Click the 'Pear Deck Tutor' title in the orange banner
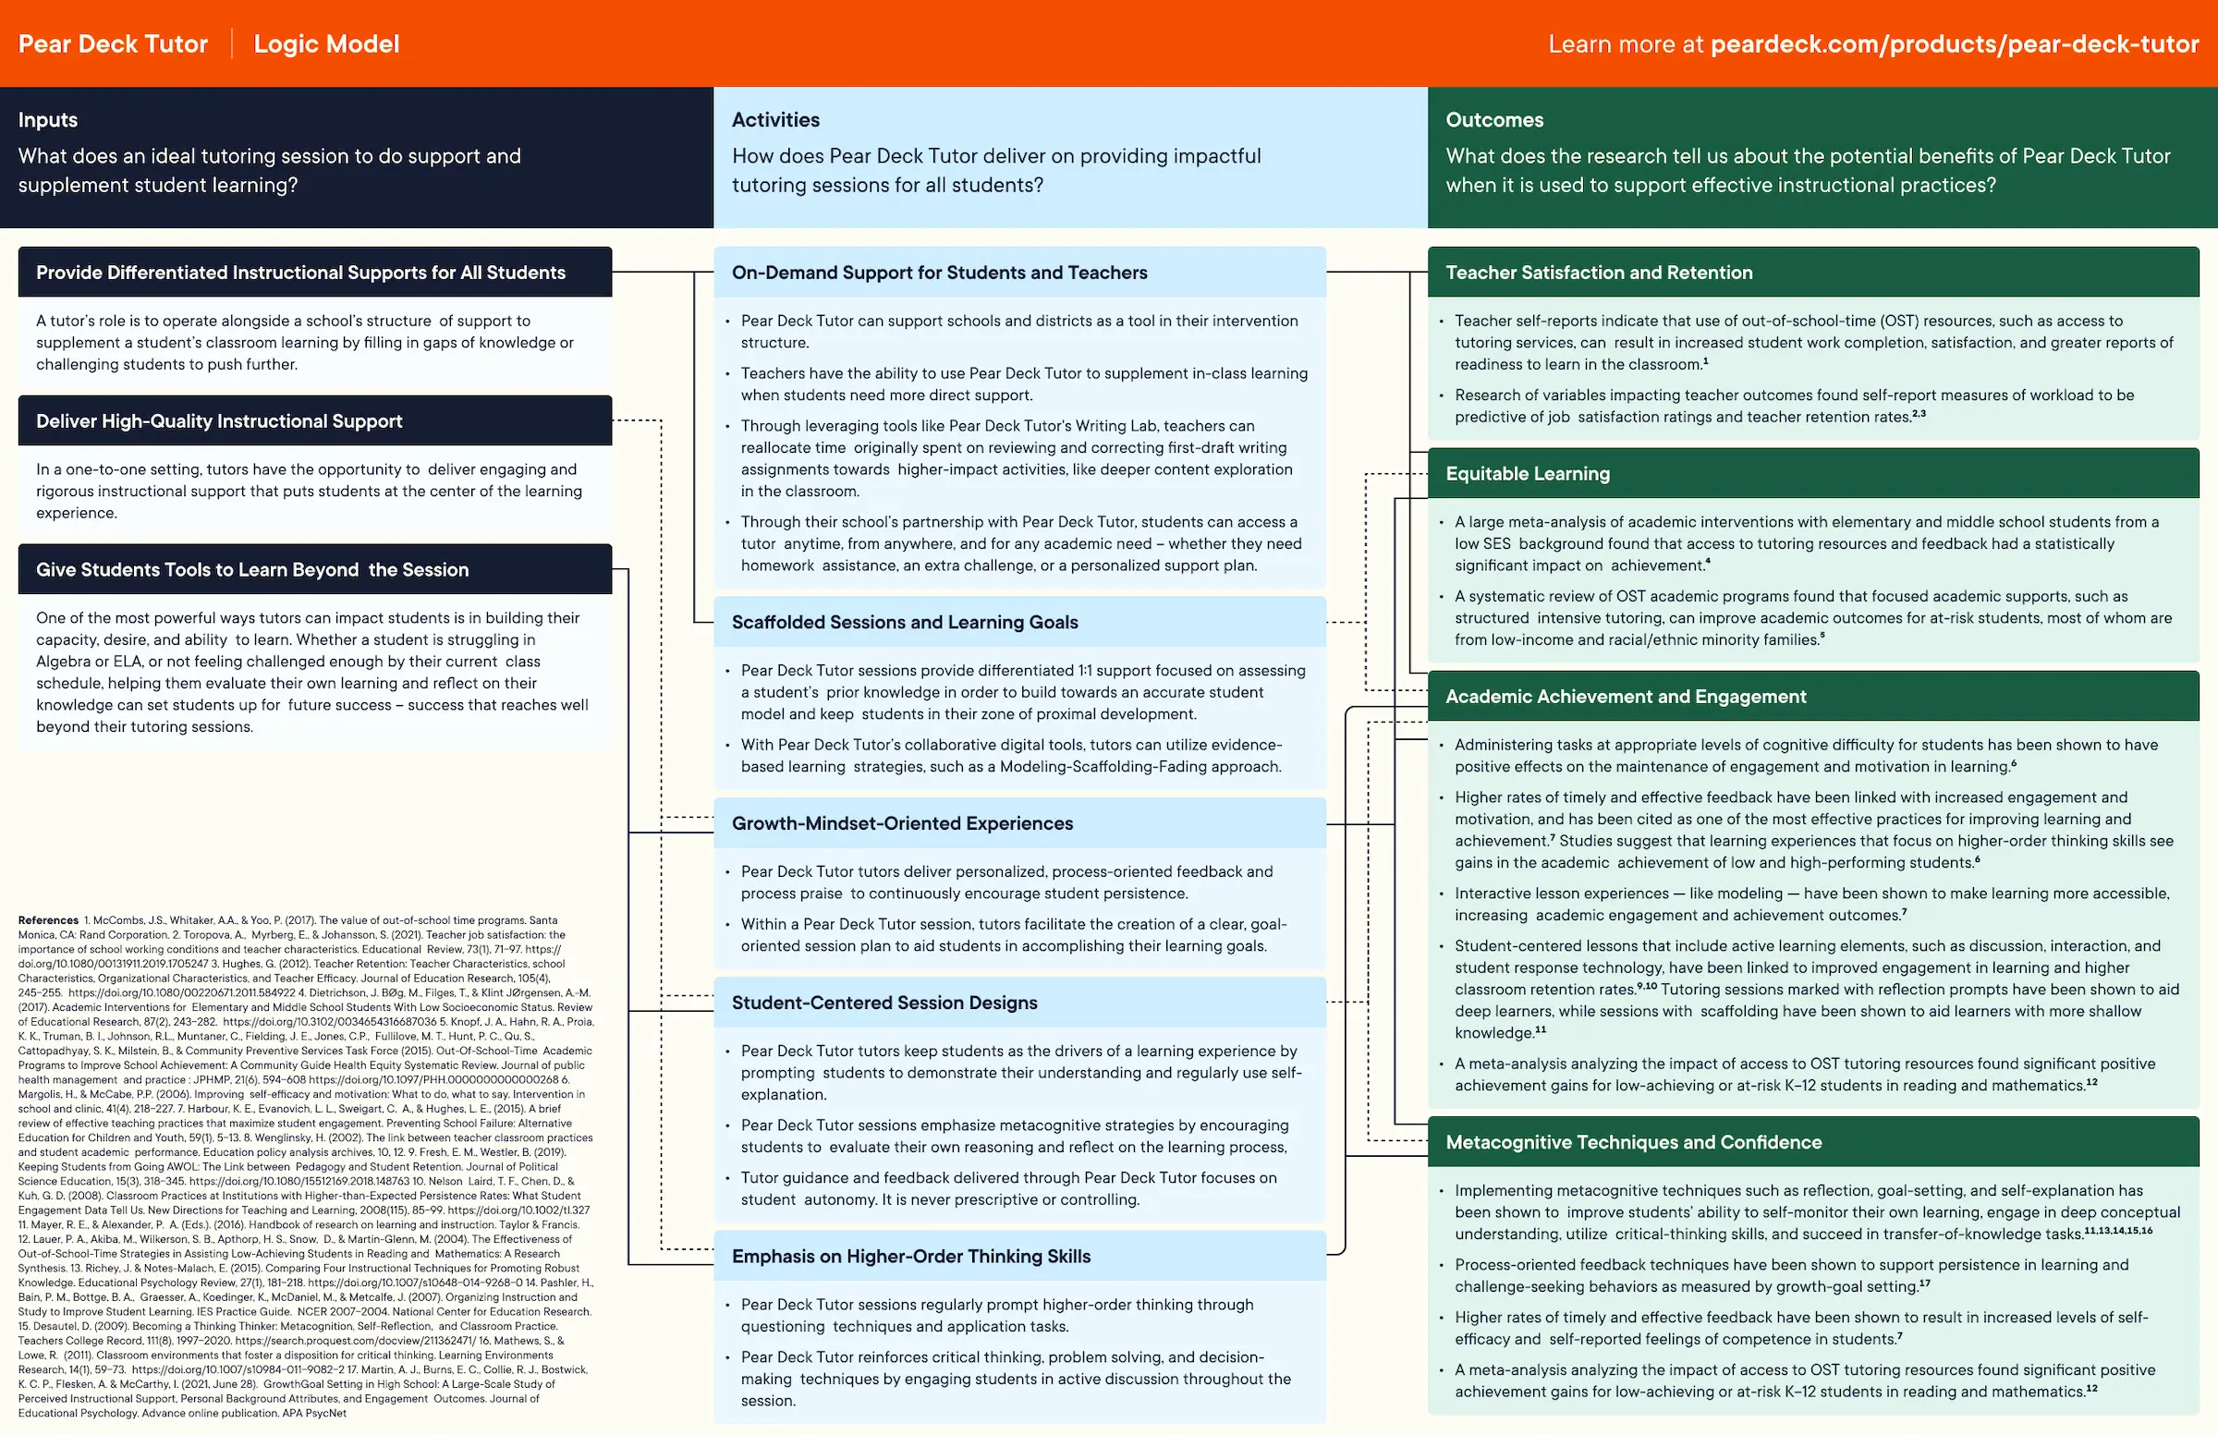click(113, 43)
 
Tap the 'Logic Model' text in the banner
click(326, 43)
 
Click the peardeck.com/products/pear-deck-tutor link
click(1955, 43)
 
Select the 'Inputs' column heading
click(47, 120)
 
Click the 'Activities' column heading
click(775, 120)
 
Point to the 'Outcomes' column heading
click(1493, 120)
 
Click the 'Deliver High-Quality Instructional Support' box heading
click(219, 421)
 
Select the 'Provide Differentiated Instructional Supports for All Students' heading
click(300, 272)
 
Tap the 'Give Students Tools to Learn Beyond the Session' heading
click(251, 569)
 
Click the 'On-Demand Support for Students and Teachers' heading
click(938, 272)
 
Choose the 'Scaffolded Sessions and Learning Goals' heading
click(904, 622)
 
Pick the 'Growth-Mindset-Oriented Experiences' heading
click(901, 822)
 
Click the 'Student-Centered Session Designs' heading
click(884, 1003)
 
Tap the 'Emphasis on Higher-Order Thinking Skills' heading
click(910, 1256)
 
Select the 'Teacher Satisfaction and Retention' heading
click(1598, 272)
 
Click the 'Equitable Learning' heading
click(1527, 473)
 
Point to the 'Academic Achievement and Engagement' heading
click(1625, 696)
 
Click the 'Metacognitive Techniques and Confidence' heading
click(1633, 1141)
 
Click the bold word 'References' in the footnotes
click(48, 920)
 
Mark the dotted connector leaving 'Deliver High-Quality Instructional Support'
click(638, 421)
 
